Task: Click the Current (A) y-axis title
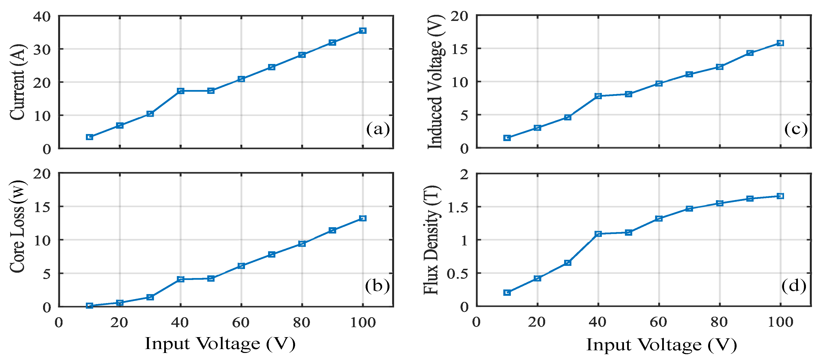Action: click(17, 82)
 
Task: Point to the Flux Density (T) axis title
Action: click(432, 240)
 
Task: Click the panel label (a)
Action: click(378, 129)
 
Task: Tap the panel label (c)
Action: click(796, 129)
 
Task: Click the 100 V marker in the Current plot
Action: click(363, 31)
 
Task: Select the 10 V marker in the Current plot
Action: click(90, 137)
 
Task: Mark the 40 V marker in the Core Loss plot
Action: click(181, 279)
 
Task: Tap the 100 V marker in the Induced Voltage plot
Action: click(780, 43)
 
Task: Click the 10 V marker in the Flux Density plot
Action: click(507, 292)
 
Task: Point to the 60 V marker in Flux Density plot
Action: click(659, 218)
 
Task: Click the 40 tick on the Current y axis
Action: click(42, 17)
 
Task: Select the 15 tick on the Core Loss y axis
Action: click(42, 207)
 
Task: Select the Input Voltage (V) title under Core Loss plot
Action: click(220, 344)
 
